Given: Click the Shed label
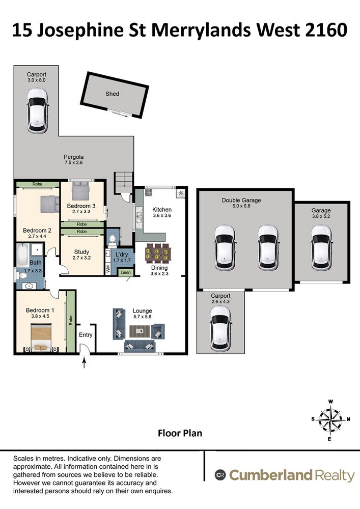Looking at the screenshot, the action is click(x=113, y=94).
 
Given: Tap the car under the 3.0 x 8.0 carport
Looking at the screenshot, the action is click(x=37, y=110).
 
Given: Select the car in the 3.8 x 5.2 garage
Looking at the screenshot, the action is click(x=321, y=248).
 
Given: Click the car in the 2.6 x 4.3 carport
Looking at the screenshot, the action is click(x=221, y=328).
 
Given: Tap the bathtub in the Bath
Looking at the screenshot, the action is click(x=23, y=255).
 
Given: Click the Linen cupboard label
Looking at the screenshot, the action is click(x=126, y=272).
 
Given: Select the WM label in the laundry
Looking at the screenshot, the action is click(x=108, y=269).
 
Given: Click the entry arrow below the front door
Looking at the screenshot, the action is click(x=85, y=362).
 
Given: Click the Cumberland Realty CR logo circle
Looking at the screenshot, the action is click(x=220, y=475).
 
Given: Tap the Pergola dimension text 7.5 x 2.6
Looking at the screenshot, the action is click(x=74, y=163).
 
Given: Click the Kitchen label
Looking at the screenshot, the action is click(x=162, y=210).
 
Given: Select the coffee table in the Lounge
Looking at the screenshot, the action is click(x=140, y=331).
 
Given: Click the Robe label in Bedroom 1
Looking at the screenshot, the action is click(x=71, y=320).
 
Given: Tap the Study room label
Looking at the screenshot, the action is click(x=81, y=252).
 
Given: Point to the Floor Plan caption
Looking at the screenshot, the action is click(x=180, y=433).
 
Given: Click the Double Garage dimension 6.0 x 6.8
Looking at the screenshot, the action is click(x=241, y=206).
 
